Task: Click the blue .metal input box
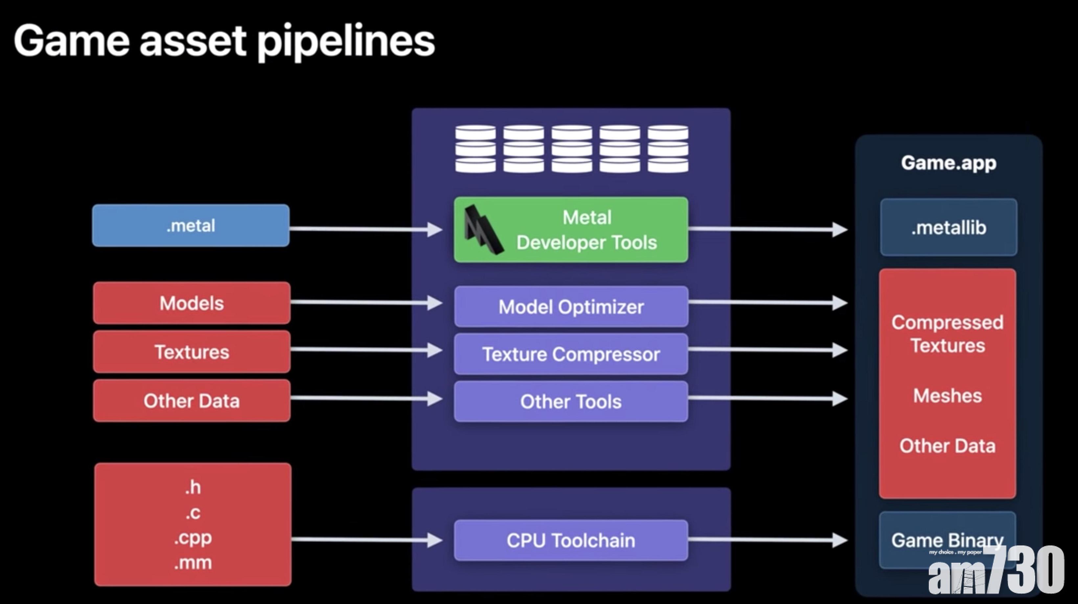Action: [191, 226]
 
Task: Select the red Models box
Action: [192, 303]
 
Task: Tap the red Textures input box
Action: [192, 352]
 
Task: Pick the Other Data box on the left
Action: [192, 401]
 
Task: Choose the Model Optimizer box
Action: [571, 307]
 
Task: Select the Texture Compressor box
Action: [571, 354]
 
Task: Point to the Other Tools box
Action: [571, 402]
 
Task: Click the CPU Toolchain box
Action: [571, 540]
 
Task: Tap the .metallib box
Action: [948, 228]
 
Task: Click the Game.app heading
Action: [948, 163]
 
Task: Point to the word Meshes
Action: [948, 396]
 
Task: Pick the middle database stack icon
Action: [572, 149]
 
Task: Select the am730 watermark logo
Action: [996, 571]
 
